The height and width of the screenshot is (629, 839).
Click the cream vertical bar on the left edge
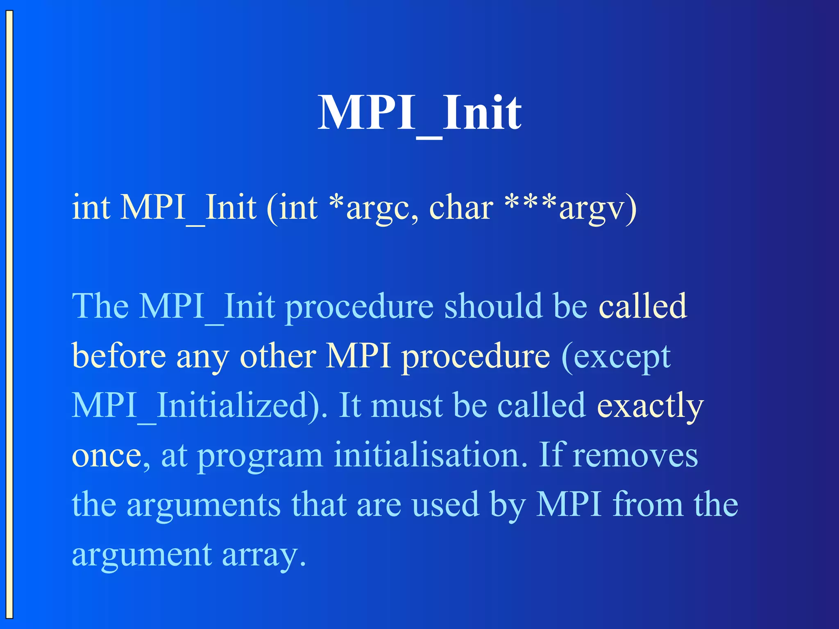(x=9, y=314)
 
